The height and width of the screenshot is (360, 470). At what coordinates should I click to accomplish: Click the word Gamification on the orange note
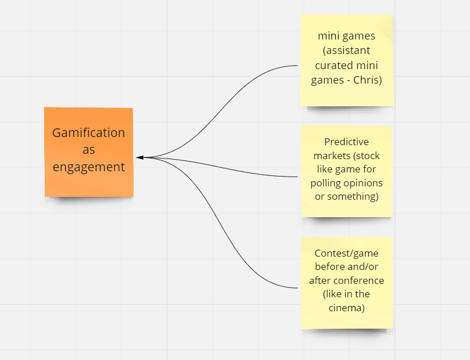[x=88, y=133]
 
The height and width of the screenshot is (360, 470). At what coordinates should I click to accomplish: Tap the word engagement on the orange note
[x=88, y=167]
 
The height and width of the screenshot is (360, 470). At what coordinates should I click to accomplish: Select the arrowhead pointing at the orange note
[x=140, y=157]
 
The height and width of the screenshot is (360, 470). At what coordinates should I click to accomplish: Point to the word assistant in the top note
[x=348, y=51]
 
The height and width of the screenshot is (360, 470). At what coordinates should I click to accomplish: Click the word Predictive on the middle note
[x=346, y=142]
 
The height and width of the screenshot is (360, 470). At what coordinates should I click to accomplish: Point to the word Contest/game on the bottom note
[x=346, y=254]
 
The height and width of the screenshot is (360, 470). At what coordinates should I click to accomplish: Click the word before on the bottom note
[x=330, y=267]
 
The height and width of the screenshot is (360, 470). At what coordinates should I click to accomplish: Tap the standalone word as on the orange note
[x=89, y=150]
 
